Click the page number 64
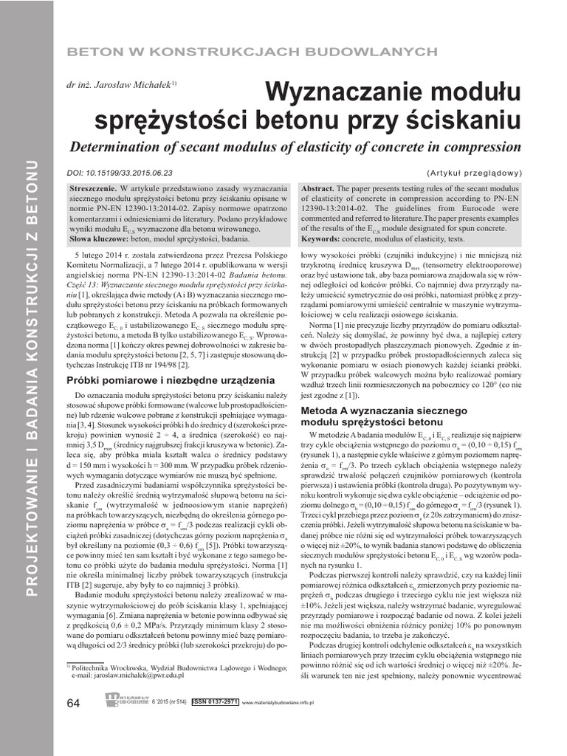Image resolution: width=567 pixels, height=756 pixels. click(72, 704)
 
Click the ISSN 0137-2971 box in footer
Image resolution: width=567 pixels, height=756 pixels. click(215, 702)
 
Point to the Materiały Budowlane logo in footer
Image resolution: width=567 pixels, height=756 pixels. click(127, 699)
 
